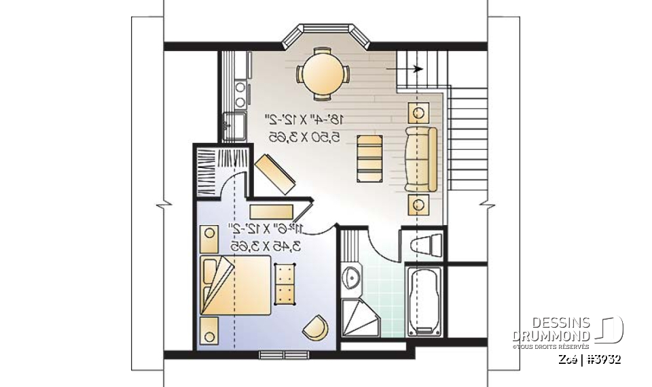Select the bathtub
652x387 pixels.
point(423,301)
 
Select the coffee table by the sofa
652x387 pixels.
point(370,158)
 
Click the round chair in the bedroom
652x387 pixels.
point(315,327)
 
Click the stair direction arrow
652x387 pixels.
point(405,69)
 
